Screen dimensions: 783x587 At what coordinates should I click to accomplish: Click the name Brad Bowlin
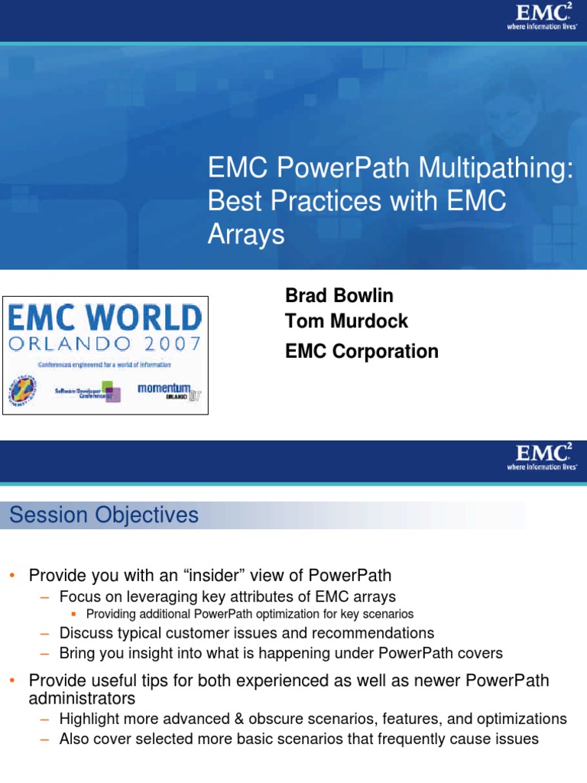tap(339, 296)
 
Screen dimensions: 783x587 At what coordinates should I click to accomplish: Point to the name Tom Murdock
tap(346, 321)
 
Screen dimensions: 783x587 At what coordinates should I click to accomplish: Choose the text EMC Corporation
tap(362, 352)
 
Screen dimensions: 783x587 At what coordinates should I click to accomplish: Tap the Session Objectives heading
tap(104, 515)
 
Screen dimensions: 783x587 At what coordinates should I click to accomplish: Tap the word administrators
tap(82, 698)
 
